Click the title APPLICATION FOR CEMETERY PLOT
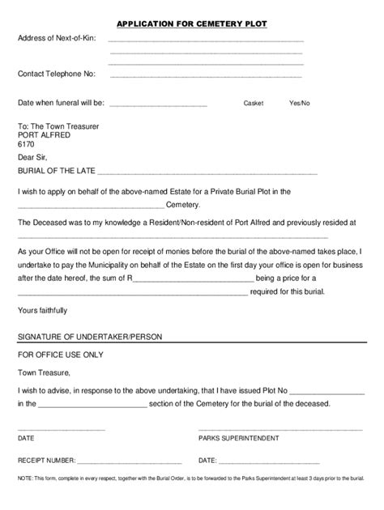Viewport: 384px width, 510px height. (x=191, y=24)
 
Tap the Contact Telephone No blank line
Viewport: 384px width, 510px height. (x=206, y=77)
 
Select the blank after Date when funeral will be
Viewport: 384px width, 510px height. (x=158, y=105)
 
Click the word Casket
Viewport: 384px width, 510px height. (x=254, y=104)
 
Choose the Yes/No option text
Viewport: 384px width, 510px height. (x=300, y=104)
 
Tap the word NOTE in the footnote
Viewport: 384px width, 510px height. (x=25, y=479)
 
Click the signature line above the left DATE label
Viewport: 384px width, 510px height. (x=62, y=428)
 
